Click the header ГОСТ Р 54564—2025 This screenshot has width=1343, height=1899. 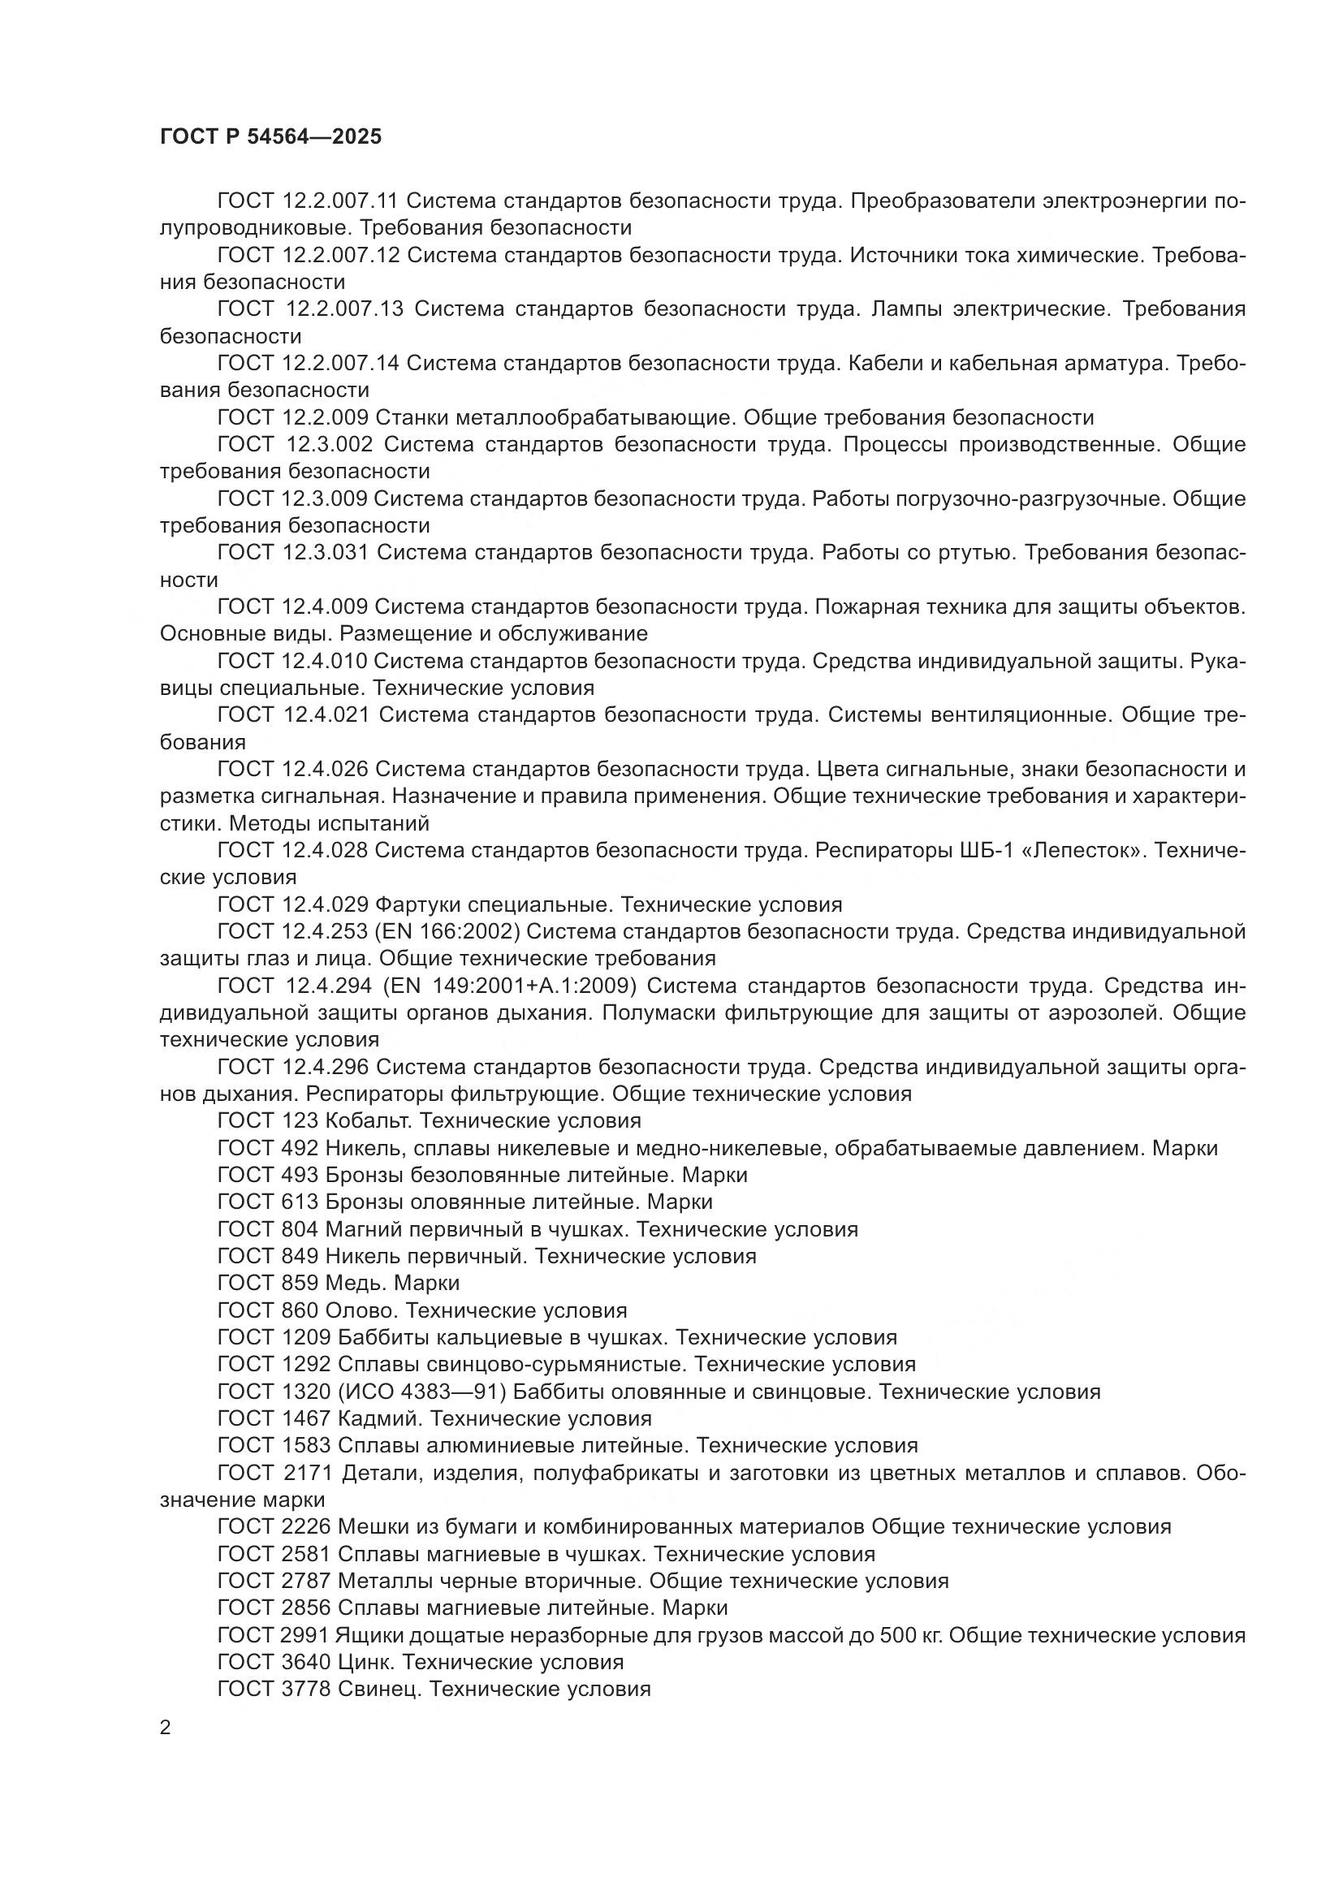270,137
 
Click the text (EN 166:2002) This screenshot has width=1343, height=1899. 447,932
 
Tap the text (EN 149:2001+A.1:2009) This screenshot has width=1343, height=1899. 510,986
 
